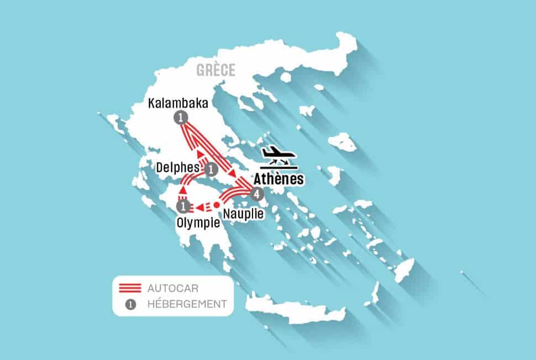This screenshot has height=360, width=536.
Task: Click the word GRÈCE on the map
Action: pos(215,70)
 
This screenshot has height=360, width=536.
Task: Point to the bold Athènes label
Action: pos(279,179)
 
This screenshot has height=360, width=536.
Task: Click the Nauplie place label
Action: pos(241,211)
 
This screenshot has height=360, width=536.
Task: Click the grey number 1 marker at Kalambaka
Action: pos(181,117)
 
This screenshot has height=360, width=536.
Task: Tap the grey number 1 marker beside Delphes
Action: pos(210,169)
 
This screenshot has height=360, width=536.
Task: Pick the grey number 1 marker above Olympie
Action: pos(182,207)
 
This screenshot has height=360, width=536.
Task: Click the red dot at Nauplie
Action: pos(217,205)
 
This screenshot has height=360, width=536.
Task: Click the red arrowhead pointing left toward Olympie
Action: pos(197,208)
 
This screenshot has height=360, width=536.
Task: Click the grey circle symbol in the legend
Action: pos(131,303)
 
